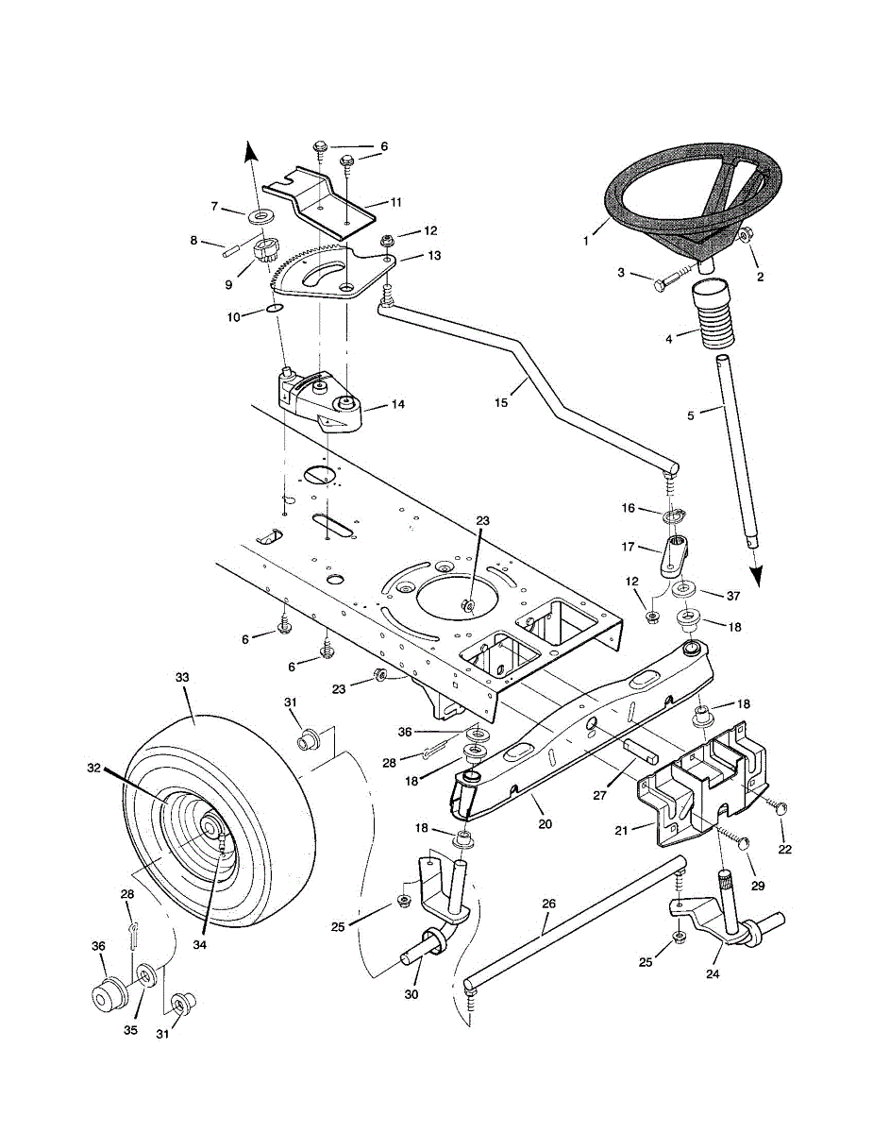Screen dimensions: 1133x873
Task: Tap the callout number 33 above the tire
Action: click(182, 677)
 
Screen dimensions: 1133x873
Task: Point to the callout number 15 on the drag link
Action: click(501, 402)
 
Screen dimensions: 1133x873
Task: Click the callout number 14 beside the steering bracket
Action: click(397, 404)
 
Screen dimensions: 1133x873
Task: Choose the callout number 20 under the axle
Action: click(546, 823)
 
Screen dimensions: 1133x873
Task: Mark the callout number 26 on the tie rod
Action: click(549, 904)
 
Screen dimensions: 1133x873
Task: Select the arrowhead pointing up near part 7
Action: click(250, 151)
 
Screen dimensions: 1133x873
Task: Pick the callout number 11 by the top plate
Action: click(396, 201)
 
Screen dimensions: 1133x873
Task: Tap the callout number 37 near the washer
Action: click(732, 596)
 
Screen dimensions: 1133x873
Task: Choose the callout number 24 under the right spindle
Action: click(714, 972)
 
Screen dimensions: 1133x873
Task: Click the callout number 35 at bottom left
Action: click(130, 1030)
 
